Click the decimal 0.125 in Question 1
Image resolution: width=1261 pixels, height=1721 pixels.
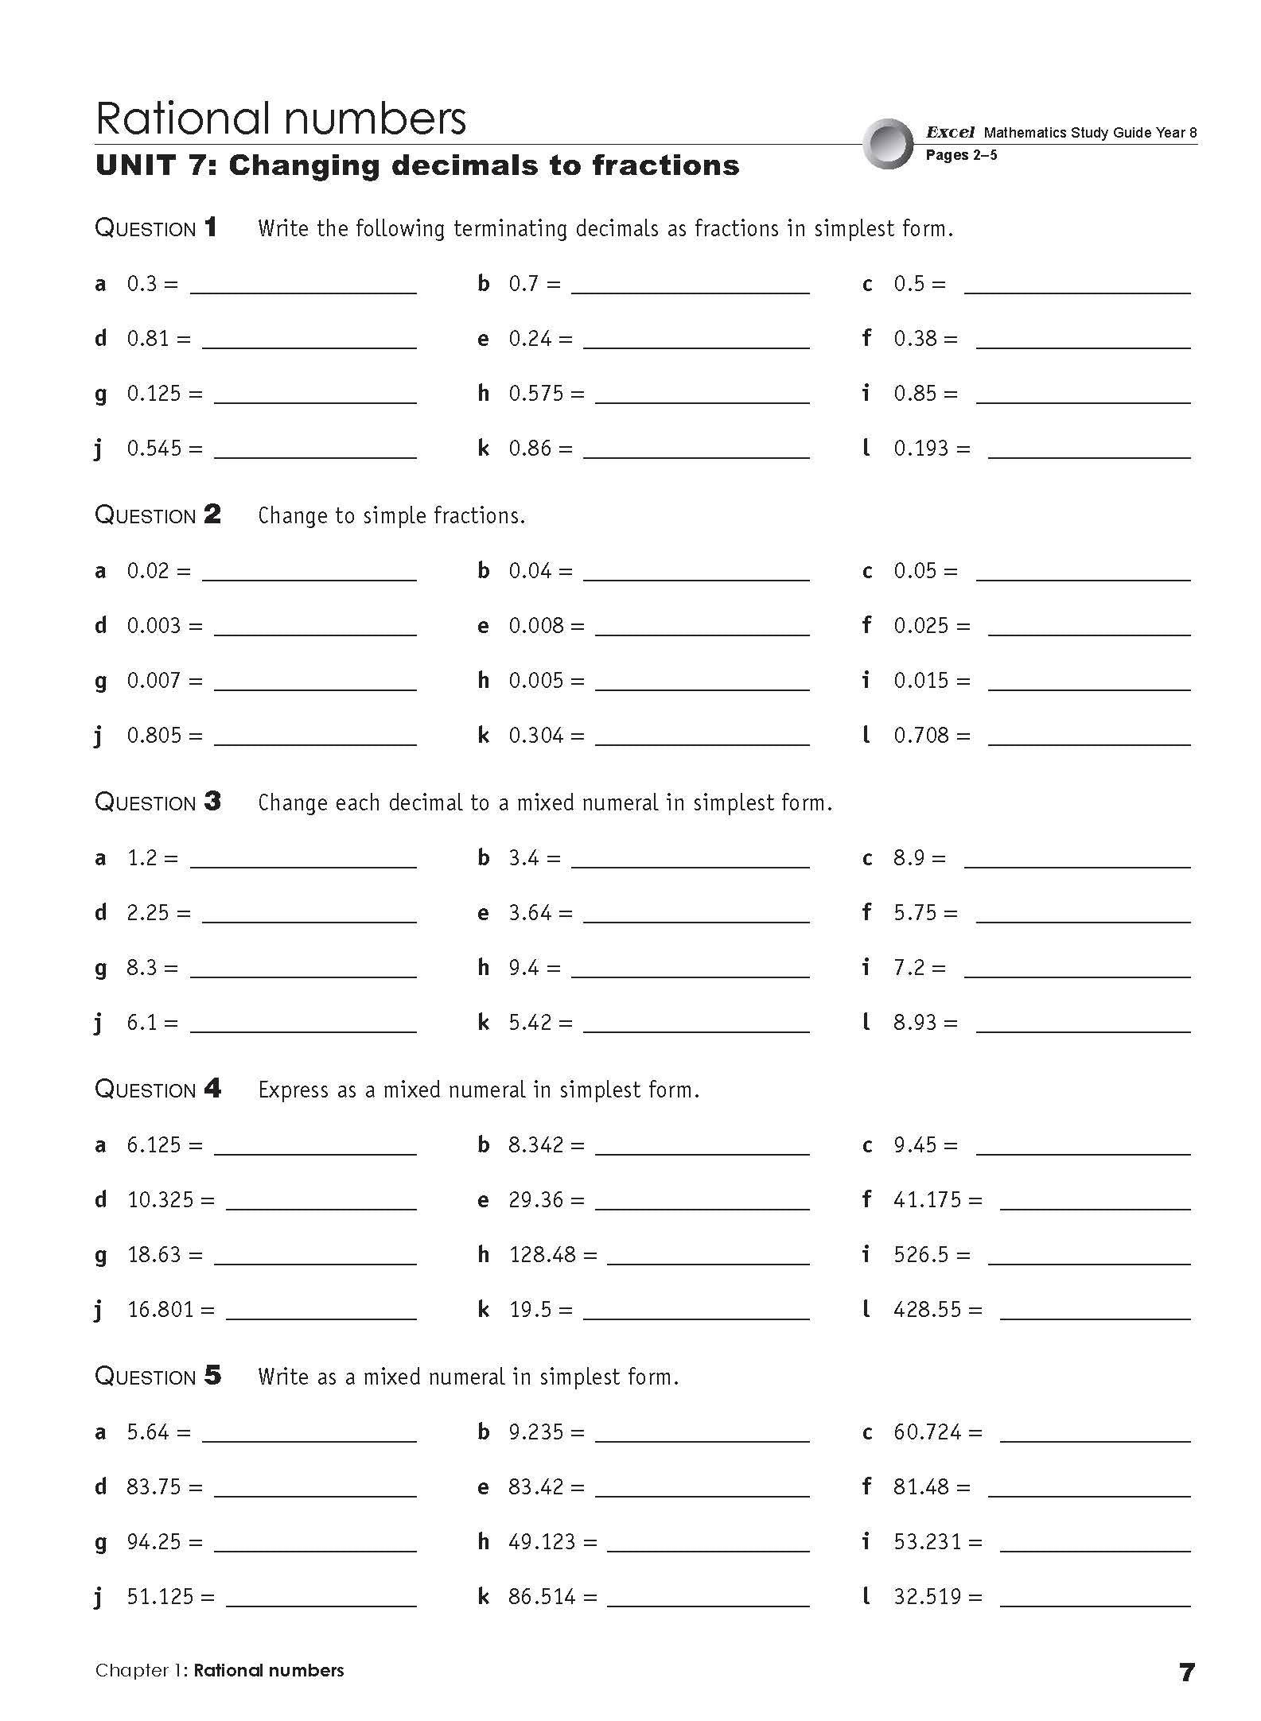[154, 394]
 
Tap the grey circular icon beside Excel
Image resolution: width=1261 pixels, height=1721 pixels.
[888, 144]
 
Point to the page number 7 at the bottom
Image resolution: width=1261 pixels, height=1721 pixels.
[1186, 1672]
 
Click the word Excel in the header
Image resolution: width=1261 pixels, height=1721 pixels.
[950, 133]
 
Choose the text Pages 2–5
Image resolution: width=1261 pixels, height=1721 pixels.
[961, 155]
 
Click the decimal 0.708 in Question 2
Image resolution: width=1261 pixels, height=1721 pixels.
[921, 736]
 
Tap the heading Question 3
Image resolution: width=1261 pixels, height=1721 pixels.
[158, 802]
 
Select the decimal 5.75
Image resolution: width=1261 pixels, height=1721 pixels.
[915, 913]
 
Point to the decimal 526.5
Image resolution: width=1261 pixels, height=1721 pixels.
[921, 1255]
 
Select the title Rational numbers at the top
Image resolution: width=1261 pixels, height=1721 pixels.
[281, 118]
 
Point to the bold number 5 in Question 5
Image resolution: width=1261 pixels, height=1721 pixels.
[212, 1375]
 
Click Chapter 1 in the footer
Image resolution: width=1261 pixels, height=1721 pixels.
[140, 1671]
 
